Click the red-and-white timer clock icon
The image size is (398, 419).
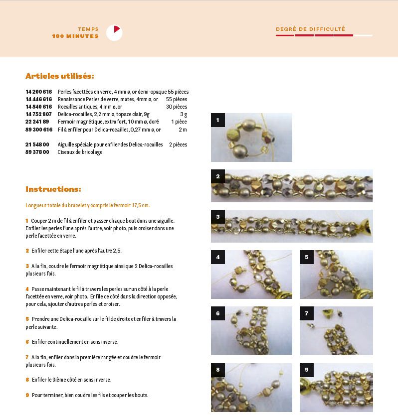114,32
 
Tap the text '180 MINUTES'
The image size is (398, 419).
75,36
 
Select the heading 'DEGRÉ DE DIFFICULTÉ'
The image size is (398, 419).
311,29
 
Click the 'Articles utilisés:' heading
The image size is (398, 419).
60,76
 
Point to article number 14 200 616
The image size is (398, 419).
39,92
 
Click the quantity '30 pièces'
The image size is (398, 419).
177,107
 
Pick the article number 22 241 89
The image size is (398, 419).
37,122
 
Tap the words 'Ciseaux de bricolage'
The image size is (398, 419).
80,152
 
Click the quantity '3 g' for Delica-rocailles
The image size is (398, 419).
184,115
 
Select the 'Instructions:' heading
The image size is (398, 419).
53,189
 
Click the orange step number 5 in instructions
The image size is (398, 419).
27,319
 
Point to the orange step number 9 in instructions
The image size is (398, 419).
27,395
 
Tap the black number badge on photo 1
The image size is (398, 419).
218,120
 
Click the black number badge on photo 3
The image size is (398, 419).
218,217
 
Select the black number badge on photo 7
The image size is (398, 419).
307,313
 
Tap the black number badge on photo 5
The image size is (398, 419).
307,257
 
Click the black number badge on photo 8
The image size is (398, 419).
218,370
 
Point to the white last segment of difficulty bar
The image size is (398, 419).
363,35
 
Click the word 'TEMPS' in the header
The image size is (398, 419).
88,29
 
